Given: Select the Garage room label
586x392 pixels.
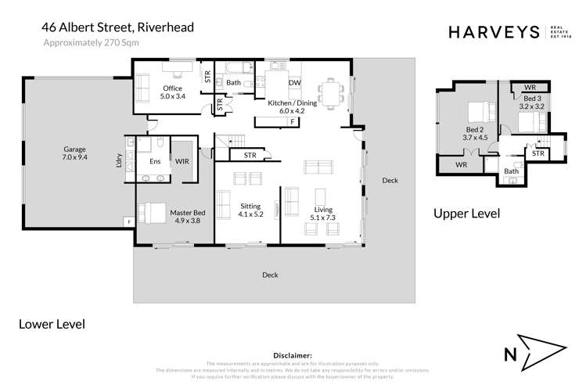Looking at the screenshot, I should point(74,153).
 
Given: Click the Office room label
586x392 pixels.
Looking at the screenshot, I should point(172,92).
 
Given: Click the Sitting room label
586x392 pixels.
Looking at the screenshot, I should point(250,210).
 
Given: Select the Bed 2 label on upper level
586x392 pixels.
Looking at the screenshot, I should point(476,132).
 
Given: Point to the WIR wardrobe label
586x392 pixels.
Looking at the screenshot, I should point(182,160).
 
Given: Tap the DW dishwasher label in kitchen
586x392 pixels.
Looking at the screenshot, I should point(294,82).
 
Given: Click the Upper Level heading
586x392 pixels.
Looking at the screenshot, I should point(467,214).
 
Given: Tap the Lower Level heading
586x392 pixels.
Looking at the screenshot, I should point(51,323).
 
